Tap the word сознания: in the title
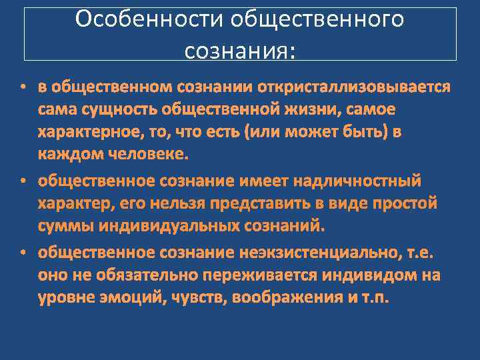tap(239, 49)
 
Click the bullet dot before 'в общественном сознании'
tap(22, 87)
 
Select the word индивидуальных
tap(167, 226)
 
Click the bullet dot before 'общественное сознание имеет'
tap(22, 181)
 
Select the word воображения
tap(285, 297)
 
